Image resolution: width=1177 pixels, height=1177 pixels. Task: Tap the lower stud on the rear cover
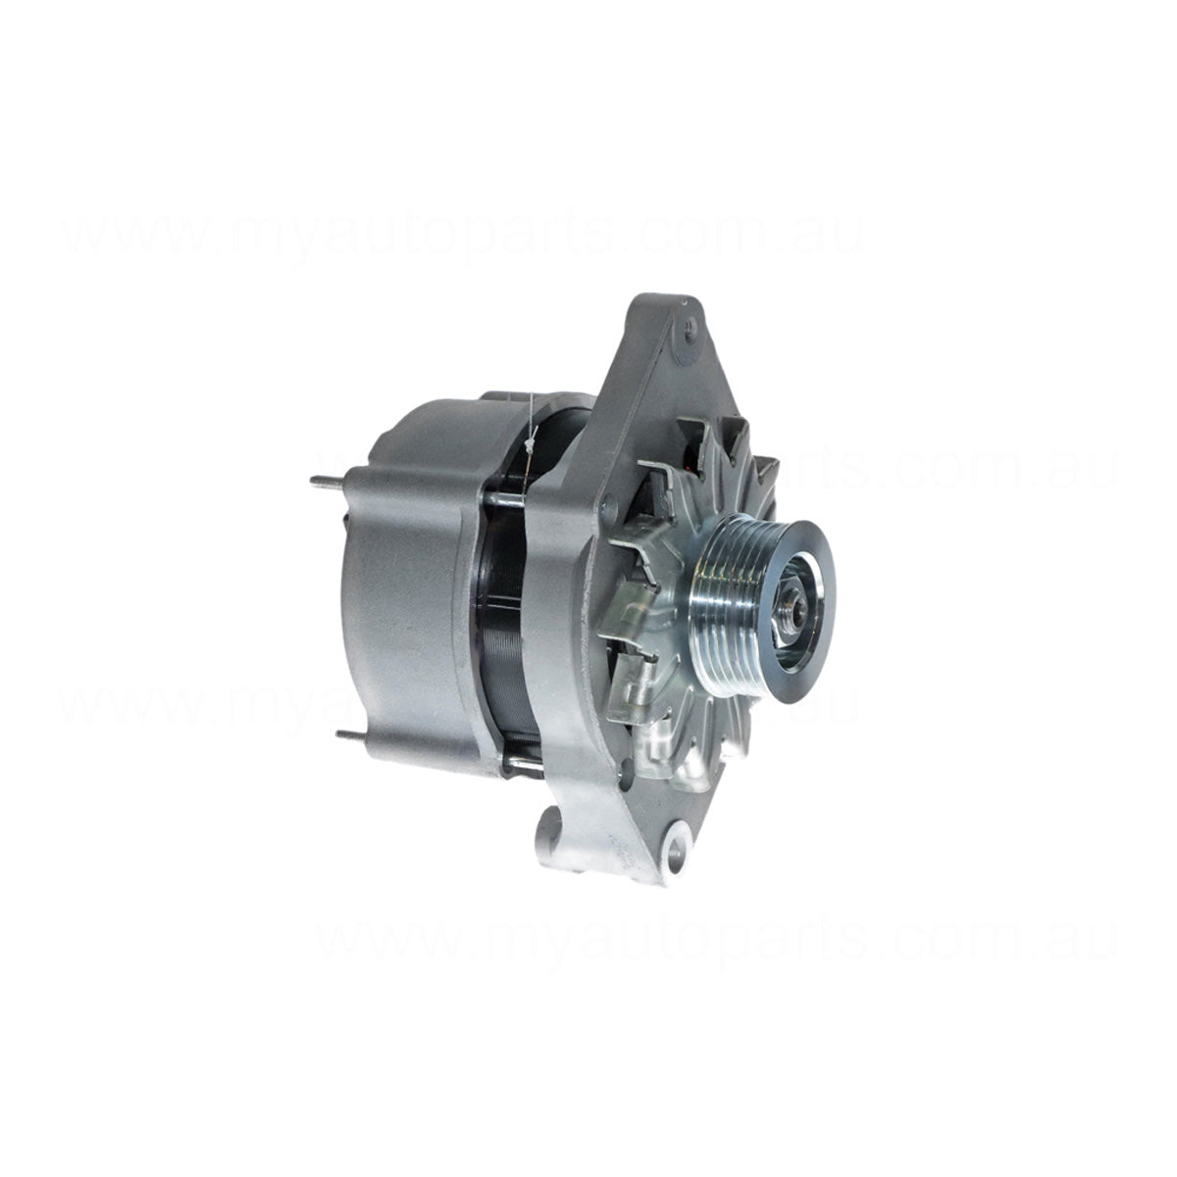pyautogui.click(x=348, y=734)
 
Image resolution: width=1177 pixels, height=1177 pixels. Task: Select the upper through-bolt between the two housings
pyautogui.click(x=502, y=498)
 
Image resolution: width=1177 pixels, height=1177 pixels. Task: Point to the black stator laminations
pyautogui.click(x=505, y=628)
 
